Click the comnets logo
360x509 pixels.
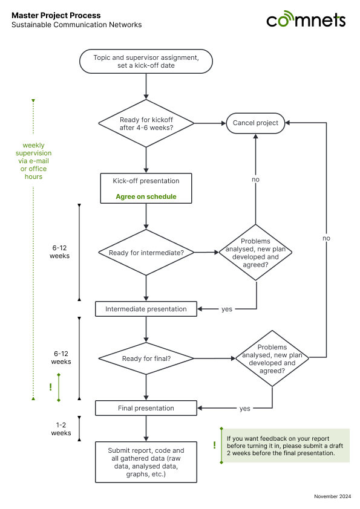tap(306, 19)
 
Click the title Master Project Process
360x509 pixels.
tap(56, 15)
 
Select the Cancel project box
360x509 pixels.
tap(255, 123)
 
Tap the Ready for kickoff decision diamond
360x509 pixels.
tap(146, 123)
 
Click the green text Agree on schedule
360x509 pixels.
tap(146, 196)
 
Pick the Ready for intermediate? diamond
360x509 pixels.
tap(146, 253)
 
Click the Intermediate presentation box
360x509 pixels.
tap(146, 309)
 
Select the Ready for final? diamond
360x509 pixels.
tap(146, 358)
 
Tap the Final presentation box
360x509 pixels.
tap(146, 408)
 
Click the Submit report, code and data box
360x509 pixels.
tap(146, 462)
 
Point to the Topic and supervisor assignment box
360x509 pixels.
tap(146, 61)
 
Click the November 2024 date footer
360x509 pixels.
tap(332, 496)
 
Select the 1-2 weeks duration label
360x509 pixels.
tap(61, 429)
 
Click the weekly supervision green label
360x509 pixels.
tap(33, 161)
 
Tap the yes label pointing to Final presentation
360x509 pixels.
tap(244, 409)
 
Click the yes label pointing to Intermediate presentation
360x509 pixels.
tap(227, 309)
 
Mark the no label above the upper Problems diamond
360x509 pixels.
tap(256, 180)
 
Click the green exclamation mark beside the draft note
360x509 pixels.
tap(214, 445)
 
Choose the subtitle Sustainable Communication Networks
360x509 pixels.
tap(77, 25)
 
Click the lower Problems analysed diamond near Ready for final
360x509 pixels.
tap(272, 358)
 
